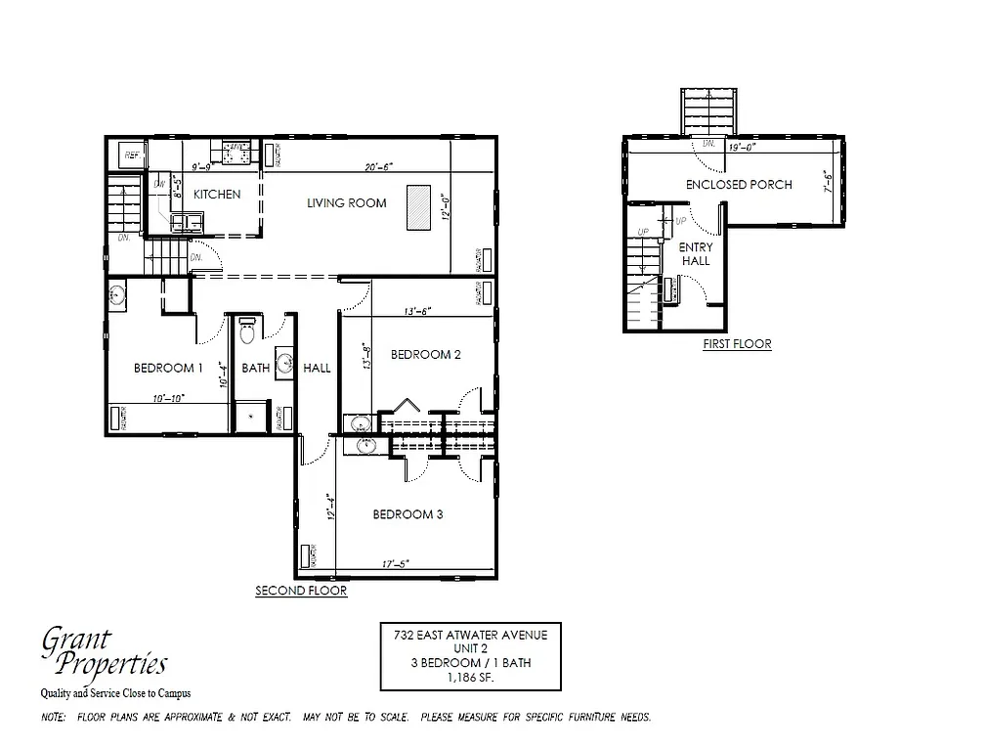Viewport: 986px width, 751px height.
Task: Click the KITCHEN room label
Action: coord(216,194)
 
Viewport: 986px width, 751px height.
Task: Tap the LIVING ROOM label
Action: coord(346,203)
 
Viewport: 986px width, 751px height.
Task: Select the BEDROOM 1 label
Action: coord(168,368)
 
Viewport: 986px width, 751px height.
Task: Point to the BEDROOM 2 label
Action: coord(425,354)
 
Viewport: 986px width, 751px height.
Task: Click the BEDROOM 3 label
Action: coord(408,514)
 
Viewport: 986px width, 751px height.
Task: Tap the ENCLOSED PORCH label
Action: coord(738,184)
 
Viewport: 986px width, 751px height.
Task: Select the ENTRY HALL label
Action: coord(696,254)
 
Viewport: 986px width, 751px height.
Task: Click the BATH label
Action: coord(255,368)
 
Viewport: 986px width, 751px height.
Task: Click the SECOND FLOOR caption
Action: coord(301,591)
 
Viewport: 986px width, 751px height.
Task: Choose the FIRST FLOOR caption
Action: coord(737,344)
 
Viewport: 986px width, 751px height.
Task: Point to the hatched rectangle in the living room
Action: coord(418,205)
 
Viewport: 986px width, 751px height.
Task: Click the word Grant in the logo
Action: coord(76,641)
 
